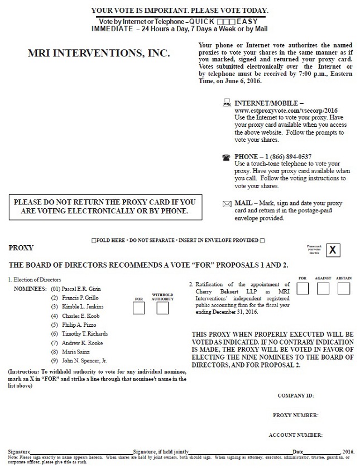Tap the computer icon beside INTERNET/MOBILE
[x=227, y=103]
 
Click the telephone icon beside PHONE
[x=226, y=157]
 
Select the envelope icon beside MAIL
[x=226, y=204]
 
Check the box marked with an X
[x=333, y=250]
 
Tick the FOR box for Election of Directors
[x=138, y=307]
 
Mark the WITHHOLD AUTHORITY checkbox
[x=162, y=307]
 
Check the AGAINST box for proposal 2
[x=323, y=288]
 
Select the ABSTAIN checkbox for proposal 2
[x=344, y=288]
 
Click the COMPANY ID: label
[x=295, y=395]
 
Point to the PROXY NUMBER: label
[x=295, y=415]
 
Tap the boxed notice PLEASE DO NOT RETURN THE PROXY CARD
[x=104, y=207]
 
